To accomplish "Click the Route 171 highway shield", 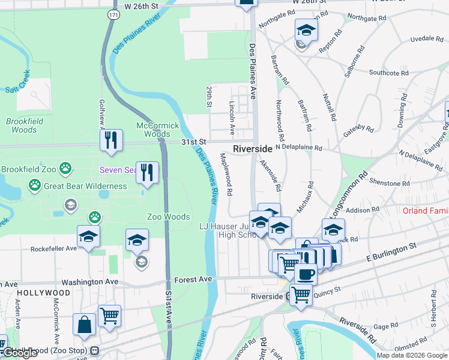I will pyautogui.click(x=112, y=13).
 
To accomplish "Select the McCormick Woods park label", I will pyautogui.click(x=157, y=130).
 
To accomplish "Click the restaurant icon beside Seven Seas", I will pyautogui.click(x=147, y=172).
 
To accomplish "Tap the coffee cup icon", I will pyautogui.click(x=306, y=274).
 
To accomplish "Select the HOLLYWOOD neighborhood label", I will pyautogui.click(x=43, y=293).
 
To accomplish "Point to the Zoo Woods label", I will pyautogui.click(x=169, y=217).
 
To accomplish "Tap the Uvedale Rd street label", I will pyautogui.click(x=426, y=38).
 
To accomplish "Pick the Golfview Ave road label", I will pyautogui.click(x=101, y=114).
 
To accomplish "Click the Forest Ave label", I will pyautogui.click(x=193, y=280).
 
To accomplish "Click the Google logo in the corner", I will pyautogui.click(x=20, y=353).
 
